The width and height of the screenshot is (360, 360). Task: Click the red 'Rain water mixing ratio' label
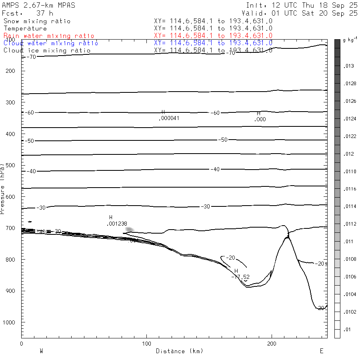click(49, 36)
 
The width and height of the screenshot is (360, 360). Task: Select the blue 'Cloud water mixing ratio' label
click(51, 43)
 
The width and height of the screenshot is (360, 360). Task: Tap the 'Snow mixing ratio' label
click(37, 21)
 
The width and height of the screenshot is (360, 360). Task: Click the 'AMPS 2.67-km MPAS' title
click(38, 5)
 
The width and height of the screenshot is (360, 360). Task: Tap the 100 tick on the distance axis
click(146, 344)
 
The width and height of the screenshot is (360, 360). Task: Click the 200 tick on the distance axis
click(272, 344)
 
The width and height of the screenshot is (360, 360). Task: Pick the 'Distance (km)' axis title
click(179, 351)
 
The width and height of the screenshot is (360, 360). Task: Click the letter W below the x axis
click(41, 351)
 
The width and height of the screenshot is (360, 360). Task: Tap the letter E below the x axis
click(322, 351)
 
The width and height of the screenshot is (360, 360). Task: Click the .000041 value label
click(168, 118)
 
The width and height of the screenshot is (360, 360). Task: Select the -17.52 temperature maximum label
click(240, 277)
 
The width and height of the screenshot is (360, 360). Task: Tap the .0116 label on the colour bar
click(349, 189)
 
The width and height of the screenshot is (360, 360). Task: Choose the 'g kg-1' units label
click(350, 40)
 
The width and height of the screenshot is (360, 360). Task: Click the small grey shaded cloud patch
click(130, 230)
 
